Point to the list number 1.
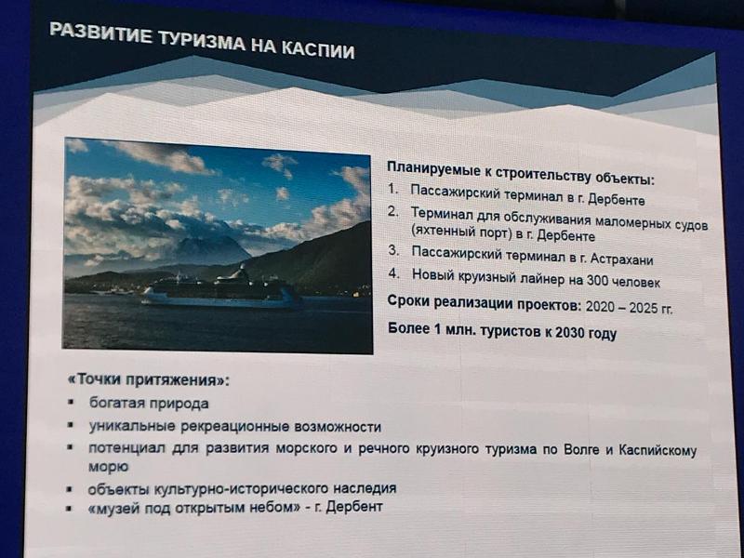tap(392, 189)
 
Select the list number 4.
tap(392, 274)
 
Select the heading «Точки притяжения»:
tap(149, 380)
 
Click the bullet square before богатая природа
tap(71, 402)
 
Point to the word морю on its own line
tap(108, 468)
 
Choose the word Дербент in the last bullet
tap(354, 506)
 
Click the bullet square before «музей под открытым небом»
tap(70, 508)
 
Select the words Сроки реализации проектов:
tap(484, 302)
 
